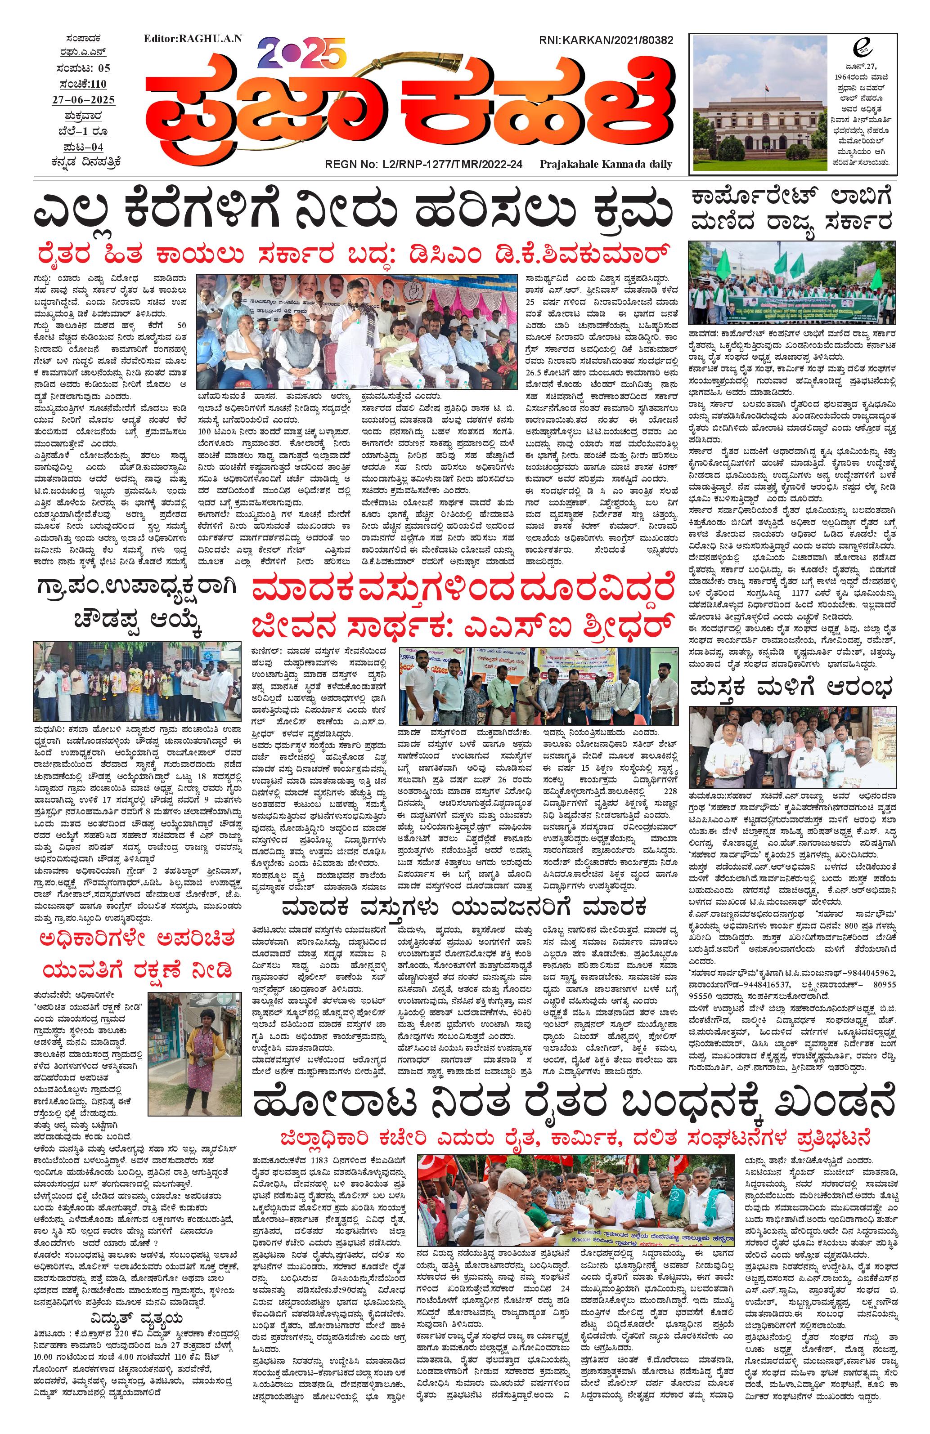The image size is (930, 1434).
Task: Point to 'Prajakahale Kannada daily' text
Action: (606, 164)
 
